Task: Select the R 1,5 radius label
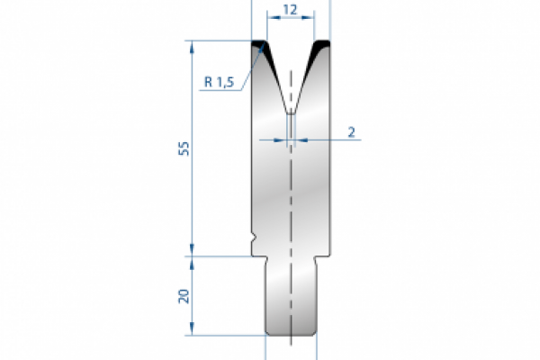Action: pyautogui.click(x=219, y=82)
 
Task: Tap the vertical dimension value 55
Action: pyautogui.click(x=184, y=149)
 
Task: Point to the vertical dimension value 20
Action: pyautogui.click(x=184, y=296)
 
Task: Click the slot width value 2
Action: pyautogui.click(x=350, y=131)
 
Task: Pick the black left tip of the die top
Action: pyautogui.click(x=261, y=44)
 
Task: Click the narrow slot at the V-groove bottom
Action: pyautogui.click(x=291, y=126)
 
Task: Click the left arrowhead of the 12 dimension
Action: pyautogui.click(x=271, y=17)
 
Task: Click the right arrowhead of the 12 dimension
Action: pyautogui.click(x=310, y=17)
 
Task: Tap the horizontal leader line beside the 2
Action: pyautogui.click(x=324, y=140)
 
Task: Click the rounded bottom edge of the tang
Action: pyautogui.click(x=291, y=332)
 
